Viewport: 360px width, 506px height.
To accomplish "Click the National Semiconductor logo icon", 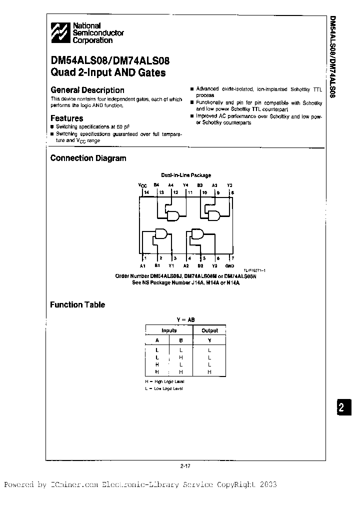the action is [x=60, y=33].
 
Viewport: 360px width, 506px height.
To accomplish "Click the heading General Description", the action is [x=87, y=90].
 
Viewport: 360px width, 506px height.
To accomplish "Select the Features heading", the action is [x=66, y=118].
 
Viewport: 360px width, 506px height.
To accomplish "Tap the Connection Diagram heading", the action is [x=88, y=158].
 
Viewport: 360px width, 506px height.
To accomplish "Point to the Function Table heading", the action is [x=77, y=304].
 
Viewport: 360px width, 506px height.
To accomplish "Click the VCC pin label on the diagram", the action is [x=142, y=185].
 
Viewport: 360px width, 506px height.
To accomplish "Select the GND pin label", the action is [x=229, y=265].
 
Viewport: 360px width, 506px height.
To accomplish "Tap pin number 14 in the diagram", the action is [x=146, y=192].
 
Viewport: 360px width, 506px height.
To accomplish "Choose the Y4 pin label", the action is [x=185, y=185].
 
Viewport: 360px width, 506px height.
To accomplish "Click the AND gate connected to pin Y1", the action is [x=160, y=234].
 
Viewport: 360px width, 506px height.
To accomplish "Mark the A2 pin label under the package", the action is [x=186, y=265].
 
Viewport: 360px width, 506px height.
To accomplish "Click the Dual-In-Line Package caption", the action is [x=185, y=175].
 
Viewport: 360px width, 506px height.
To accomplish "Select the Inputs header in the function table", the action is [x=169, y=330].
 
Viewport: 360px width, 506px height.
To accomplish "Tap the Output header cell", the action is [x=209, y=330].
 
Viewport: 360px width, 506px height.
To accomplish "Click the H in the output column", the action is [x=209, y=372].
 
